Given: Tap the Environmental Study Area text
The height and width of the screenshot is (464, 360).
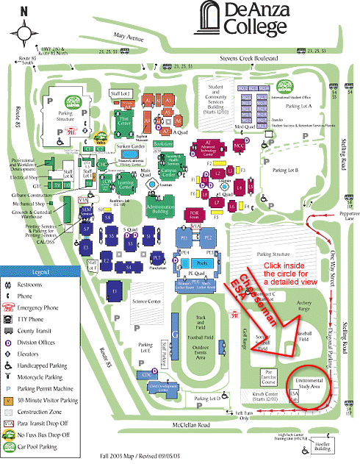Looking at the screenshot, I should click(308, 382).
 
